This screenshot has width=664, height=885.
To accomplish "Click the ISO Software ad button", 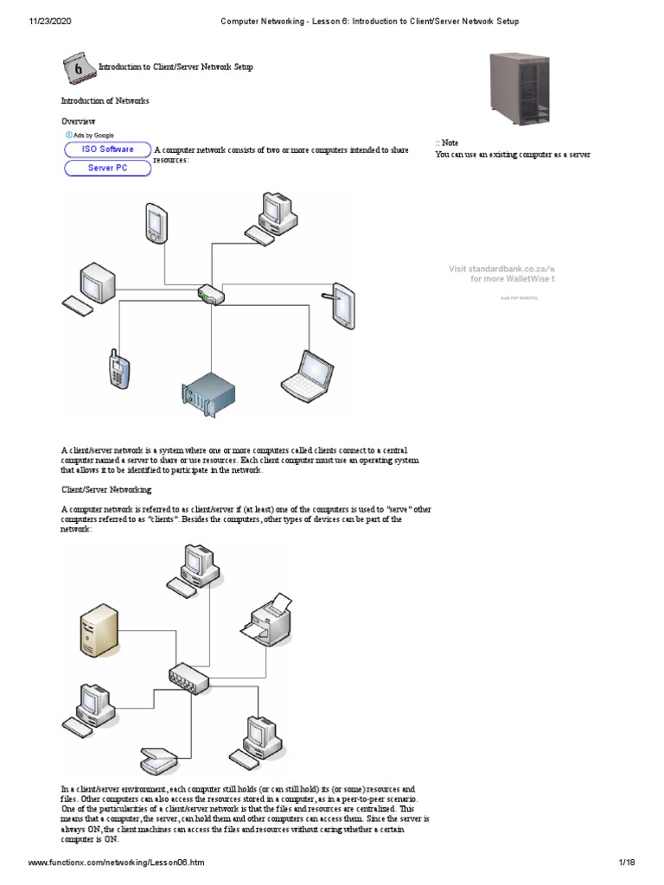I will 107,150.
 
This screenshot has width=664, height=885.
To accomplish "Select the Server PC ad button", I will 107,168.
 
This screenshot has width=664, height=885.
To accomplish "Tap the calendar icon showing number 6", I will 78,67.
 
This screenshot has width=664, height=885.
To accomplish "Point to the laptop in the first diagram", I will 305,374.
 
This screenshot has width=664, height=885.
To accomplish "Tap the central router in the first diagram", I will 211,295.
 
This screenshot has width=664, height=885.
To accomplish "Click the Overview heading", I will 78,122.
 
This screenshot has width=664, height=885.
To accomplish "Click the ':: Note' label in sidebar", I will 447,142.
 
